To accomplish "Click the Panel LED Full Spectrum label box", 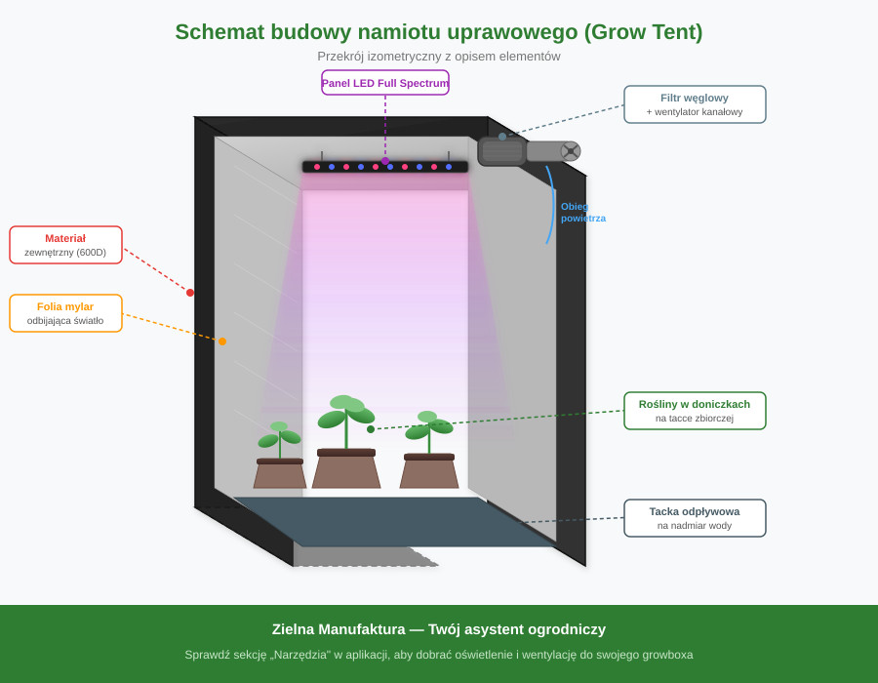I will [385, 83].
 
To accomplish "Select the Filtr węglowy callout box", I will [695, 104].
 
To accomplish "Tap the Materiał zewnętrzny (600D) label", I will [65, 245].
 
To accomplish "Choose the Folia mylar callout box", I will [65, 313].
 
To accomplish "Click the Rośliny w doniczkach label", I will [695, 411].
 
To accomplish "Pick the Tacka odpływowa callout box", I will [695, 518].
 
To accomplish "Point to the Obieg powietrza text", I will [582, 212].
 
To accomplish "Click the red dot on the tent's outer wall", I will [190, 293].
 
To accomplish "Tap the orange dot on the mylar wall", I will [222, 341].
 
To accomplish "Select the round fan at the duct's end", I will [571, 151].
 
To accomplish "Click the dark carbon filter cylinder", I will [501, 151].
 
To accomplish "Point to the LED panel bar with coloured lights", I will [385, 167].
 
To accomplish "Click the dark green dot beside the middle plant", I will [371, 429].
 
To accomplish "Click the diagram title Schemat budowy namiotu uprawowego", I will [438, 32].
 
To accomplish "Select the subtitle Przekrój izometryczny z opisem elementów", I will [438, 57].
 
